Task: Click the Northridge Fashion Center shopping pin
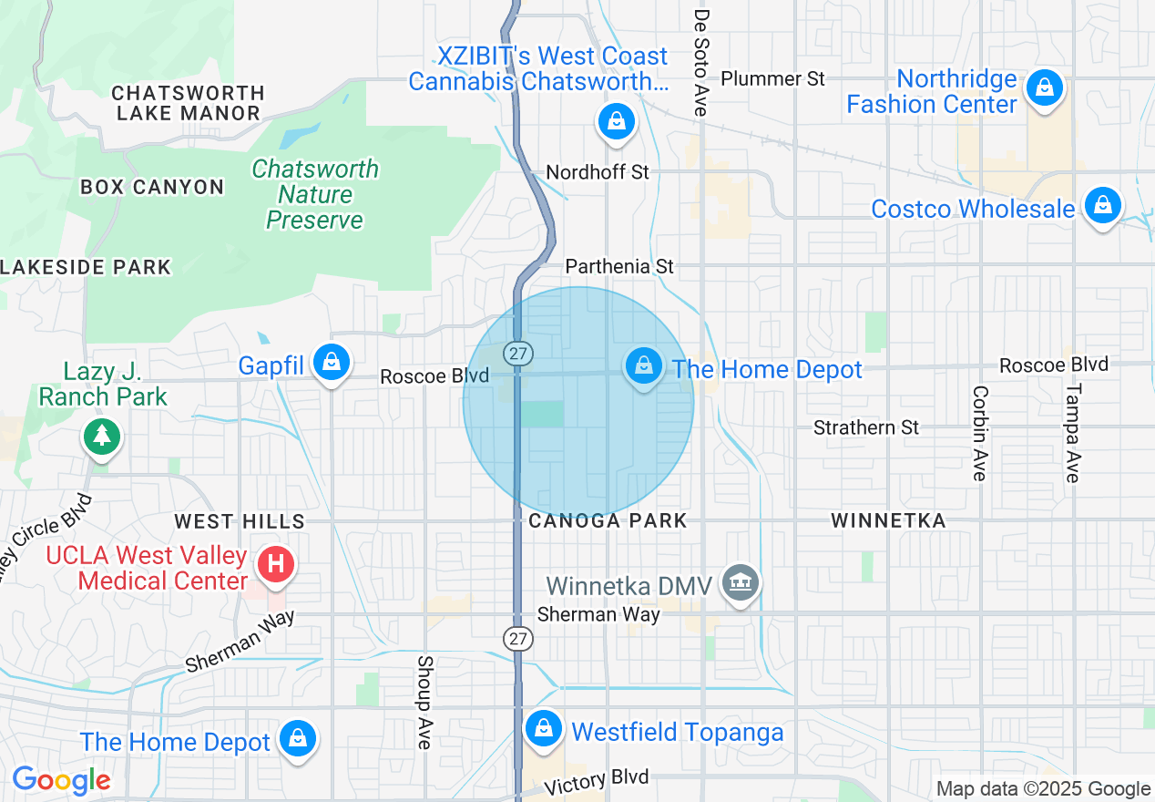click(x=1045, y=89)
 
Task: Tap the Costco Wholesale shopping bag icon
click(x=1102, y=206)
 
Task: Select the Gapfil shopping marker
click(x=332, y=363)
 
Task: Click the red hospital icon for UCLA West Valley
click(x=276, y=565)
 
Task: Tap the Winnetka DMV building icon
click(x=740, y=583)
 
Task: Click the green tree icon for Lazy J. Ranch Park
click(x=102, y=436)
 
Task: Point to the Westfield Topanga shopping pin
click(x=544, y=729)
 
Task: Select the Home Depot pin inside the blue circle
click(x=644, y=366)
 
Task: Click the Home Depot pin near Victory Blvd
click(x=297, y=739)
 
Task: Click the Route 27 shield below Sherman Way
click(x=518, y=639)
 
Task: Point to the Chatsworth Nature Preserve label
click(x=314, y=194)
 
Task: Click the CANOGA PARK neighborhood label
click(x=608, y=521)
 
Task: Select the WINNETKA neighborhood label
click(x=888, y=521)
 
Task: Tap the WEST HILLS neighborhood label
click(x=240, y=521)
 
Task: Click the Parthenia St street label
click(x=619, y=266)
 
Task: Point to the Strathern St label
click(x=866, y=427)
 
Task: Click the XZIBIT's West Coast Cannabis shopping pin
click(x=617, y=121)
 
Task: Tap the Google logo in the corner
click(x=61, y=780)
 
